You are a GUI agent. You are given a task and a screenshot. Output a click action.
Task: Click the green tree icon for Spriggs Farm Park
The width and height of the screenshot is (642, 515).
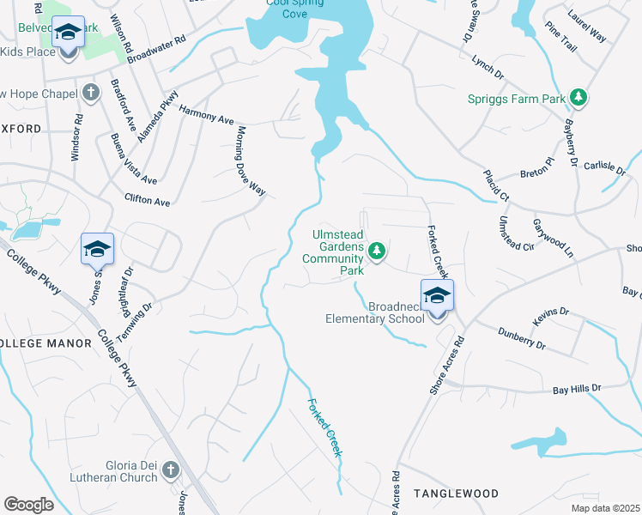pos(579,99)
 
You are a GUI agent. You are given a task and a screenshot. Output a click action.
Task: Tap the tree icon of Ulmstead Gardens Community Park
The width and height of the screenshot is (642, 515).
pos(376,251)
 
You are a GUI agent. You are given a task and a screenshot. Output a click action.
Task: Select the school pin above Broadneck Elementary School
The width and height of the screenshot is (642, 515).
pos(437,297)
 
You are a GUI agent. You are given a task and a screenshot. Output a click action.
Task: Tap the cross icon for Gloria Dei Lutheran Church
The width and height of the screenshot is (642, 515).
pos(170,470)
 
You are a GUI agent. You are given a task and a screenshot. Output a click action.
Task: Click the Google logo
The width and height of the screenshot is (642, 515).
pos(28,505)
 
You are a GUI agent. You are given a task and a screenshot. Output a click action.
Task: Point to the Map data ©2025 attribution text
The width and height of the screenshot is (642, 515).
pos(605,508)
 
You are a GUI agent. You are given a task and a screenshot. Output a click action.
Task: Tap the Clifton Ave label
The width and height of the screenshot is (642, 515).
pos(148,200)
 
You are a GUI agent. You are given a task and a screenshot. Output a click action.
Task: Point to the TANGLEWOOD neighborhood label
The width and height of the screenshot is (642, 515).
pos(456,494)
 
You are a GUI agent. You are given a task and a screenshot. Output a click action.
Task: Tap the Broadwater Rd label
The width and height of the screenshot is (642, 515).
pos(156,51)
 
